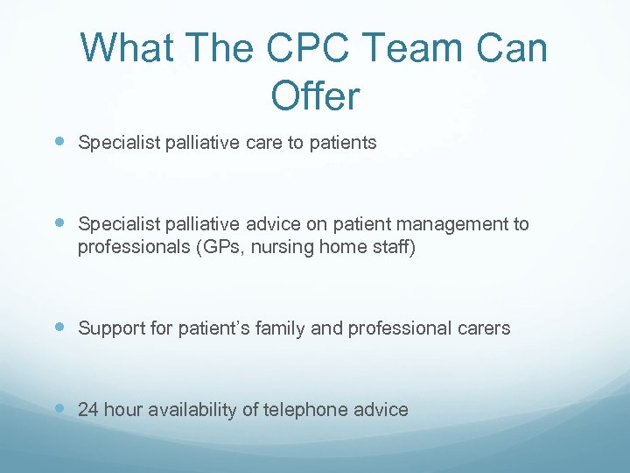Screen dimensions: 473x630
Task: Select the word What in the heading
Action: pos(127,48)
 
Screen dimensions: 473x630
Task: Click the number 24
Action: pos(88,409)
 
